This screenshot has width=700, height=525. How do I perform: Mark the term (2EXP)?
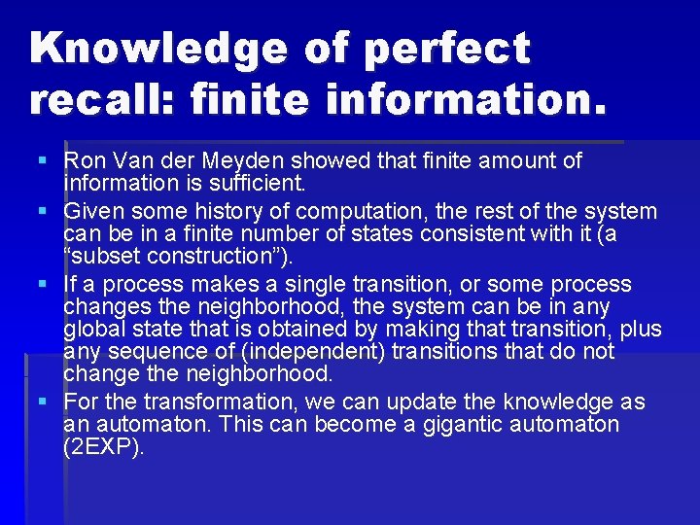click(102, 447)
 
